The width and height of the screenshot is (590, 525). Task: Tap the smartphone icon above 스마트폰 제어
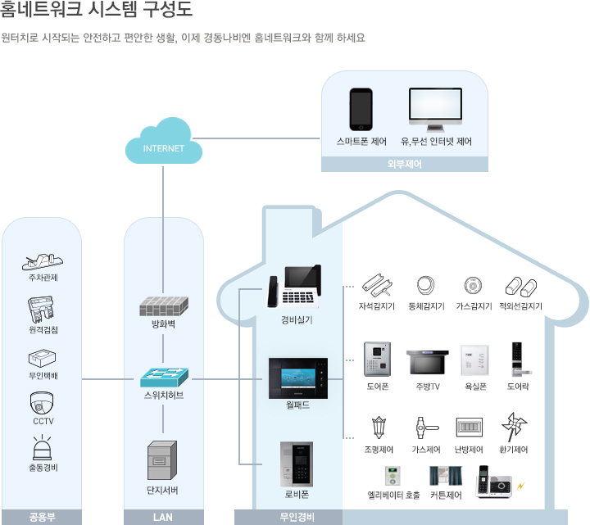point(361,108)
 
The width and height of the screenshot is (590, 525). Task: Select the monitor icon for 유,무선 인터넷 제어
point(435,110)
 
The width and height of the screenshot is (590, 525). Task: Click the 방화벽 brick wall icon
point(163,305)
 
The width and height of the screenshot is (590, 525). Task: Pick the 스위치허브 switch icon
point(163,377)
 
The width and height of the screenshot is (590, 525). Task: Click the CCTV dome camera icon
point(42,403)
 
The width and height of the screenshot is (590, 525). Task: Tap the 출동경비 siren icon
point(42,448)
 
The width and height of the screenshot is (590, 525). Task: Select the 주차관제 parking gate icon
point(42,261)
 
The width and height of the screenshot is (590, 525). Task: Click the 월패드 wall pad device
point(297,377)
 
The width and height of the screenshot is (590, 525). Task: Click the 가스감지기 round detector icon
point(471,286)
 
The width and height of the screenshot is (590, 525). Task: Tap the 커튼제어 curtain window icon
point(446,477)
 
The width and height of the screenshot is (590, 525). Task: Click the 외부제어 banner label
point(404,163)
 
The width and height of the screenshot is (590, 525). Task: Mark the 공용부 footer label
point(42,517)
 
